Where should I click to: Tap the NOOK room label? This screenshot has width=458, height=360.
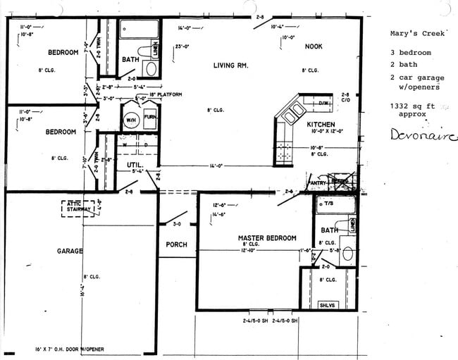(314, 46)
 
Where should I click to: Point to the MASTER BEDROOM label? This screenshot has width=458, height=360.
(266, 238)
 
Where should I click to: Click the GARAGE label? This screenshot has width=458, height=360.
(70, 251)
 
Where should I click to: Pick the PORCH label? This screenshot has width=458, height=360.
(176, 244)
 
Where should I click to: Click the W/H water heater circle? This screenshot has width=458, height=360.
(131, 119)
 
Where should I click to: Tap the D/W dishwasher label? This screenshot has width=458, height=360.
(324, 104)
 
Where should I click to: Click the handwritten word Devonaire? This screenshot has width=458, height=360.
(423, 135)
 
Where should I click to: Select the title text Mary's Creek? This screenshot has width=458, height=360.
(417, 33)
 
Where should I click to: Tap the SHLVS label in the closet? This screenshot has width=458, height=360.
(327, 304)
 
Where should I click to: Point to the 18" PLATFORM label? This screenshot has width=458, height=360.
(166, 94)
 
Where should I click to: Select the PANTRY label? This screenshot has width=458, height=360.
(318, 181)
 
